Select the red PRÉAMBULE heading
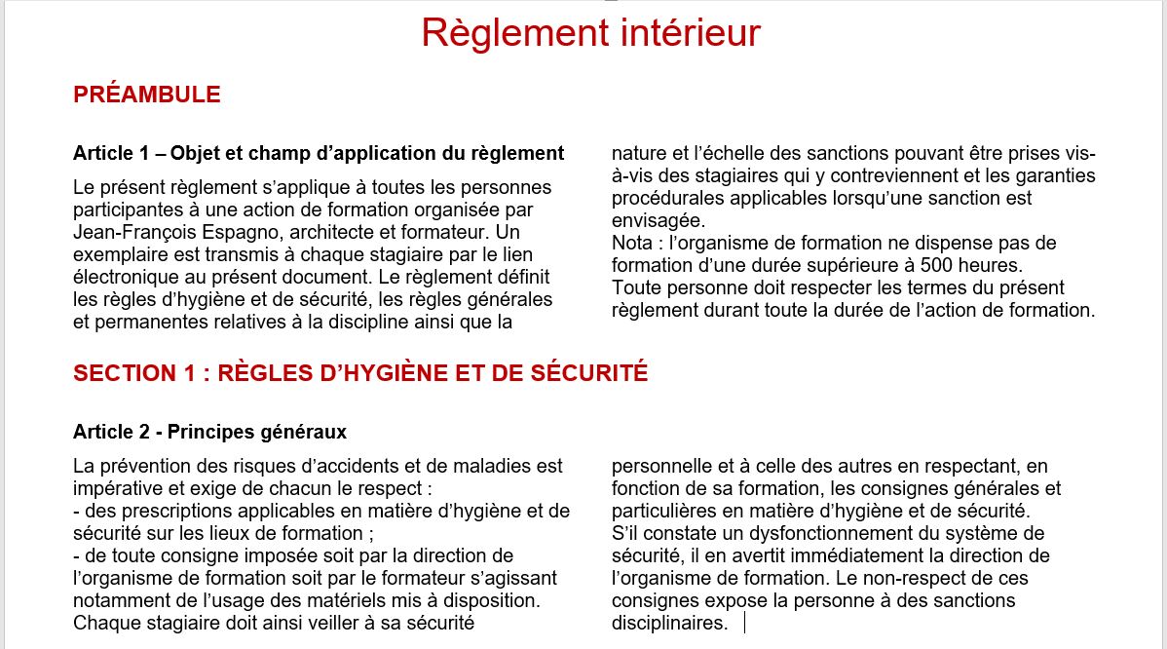pos(147,95)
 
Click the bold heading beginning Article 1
pos(319,153)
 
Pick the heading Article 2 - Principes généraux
pos(209,431)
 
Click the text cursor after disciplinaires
pos(744,623)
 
